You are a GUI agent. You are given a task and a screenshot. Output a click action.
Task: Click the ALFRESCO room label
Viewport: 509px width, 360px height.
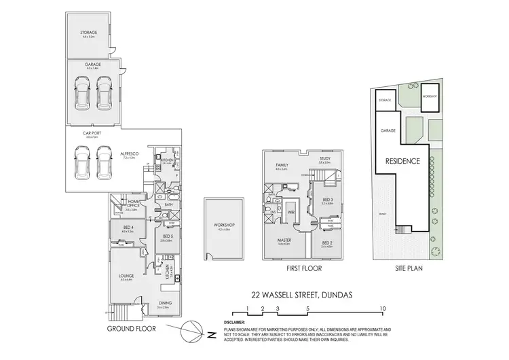click(130, 154)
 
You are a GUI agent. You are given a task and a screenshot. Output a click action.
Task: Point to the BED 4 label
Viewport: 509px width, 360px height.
click(128, 228)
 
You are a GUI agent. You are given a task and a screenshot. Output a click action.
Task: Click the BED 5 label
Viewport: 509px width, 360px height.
click(167, 236)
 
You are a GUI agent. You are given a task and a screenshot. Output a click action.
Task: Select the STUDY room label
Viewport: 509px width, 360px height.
click(324, 160)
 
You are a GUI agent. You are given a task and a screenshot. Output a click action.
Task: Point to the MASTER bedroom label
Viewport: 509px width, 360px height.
click(284, 240)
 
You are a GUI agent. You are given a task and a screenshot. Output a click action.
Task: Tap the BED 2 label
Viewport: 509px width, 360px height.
click(326, 242)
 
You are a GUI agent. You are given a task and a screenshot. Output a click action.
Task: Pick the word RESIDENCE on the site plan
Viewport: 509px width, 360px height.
click(402, 162)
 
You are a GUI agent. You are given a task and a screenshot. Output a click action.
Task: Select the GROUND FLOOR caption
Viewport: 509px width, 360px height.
click(132, 328)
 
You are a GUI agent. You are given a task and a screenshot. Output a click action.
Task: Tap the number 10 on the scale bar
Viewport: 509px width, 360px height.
click(383, 308)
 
